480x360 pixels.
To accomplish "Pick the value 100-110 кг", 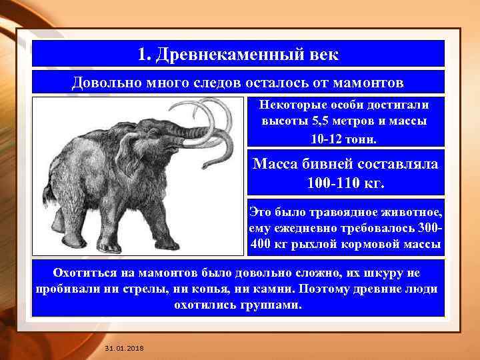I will [345, 181].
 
